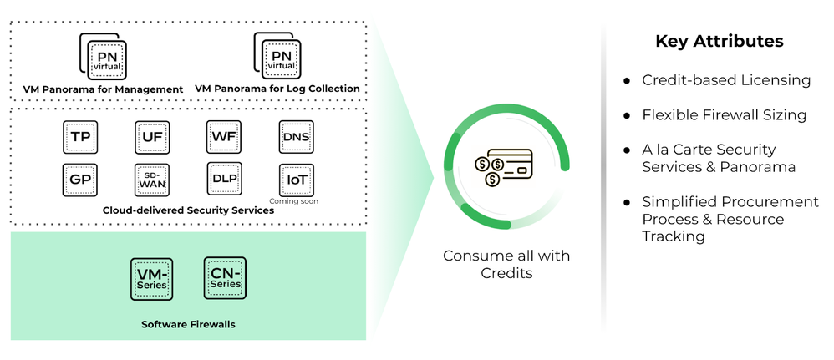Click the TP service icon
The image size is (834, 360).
[80, 137]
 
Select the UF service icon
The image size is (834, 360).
[151, 137]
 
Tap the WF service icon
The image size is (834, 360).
[222, 137]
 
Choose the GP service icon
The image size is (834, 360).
[80, 180]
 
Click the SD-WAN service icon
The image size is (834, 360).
[151, 180]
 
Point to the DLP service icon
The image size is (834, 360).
[222, 180]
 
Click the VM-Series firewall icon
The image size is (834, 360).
[151, 279]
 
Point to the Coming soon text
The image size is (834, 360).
[294, 201]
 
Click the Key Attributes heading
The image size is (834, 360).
[719, 41]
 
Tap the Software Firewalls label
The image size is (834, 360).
[188, 324]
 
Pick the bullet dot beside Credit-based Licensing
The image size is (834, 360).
[627, 81]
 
